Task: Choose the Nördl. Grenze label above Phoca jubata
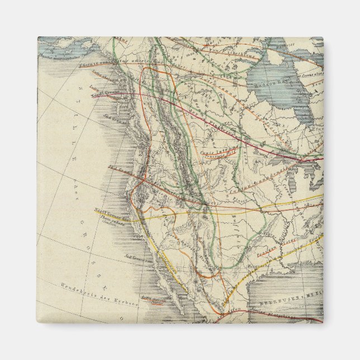pyautogui.click(x=107, y=211)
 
